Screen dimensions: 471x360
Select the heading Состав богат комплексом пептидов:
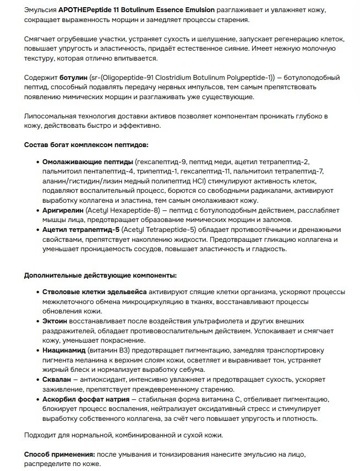[86, 145]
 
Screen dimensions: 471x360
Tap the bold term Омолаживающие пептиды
[88, 162]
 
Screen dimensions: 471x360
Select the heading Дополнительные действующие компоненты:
[100, 275]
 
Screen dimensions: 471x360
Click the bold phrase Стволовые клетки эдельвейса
[95, 292]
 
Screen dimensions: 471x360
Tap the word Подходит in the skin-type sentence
[41, 435]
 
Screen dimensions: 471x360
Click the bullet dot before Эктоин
[37, 321]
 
